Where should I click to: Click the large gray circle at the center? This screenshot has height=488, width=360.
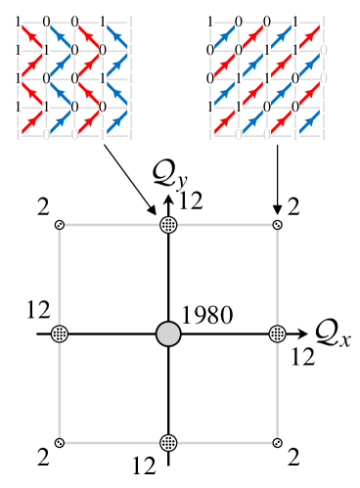(168, 333)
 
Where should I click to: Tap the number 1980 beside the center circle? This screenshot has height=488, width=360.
(207, 314)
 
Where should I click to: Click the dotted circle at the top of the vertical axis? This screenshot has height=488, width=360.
(168, 225)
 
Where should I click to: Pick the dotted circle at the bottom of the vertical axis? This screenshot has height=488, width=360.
(168, 442)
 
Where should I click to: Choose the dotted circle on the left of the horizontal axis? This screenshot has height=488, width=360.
(61, 333)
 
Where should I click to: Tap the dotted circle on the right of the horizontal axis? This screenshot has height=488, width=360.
(277, 333)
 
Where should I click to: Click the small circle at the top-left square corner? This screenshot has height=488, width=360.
(61, 225)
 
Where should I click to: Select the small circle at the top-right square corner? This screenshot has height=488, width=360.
(277, 225)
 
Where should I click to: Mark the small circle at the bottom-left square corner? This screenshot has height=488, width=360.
(61, 442)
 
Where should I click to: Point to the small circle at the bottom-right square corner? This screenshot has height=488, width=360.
(277, 442)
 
